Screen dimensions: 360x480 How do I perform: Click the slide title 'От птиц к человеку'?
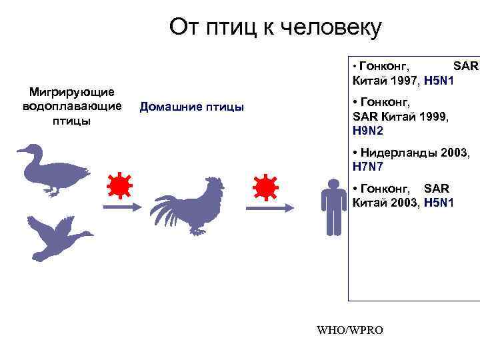click(x=275, y=27)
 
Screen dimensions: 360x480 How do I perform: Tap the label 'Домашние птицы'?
click(x=191, y=107)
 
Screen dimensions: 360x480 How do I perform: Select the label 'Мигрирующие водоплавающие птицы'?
click(x=71, y=106)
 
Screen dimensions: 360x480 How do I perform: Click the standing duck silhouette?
click(x=53, y=171)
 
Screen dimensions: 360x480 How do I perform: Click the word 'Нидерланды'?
click(x=394, y=153)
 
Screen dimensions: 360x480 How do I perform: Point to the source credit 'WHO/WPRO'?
click(x=351, y=329)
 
